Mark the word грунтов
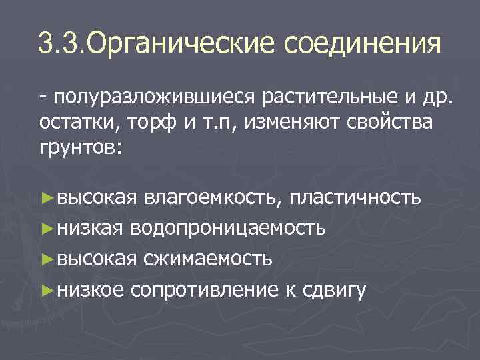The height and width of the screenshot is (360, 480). pyautogui.click(x=78, y=148)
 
